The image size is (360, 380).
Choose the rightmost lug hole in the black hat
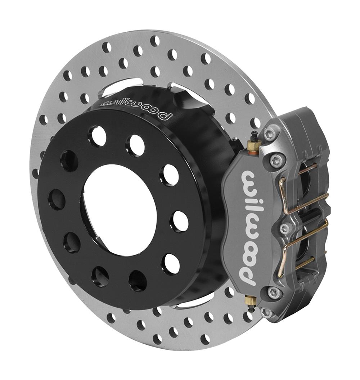180,221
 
